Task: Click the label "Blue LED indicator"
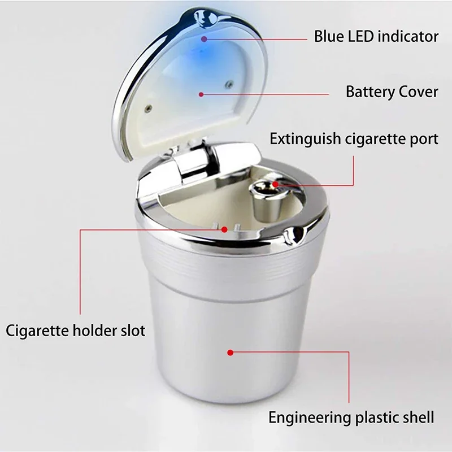tap(376, 37)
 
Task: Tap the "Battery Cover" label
tap(392, 92)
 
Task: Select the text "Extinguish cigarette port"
tap(354, 139)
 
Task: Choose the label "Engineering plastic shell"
tap(351, 418)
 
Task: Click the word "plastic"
tap(372, 418)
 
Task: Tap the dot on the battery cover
tap(202, 94)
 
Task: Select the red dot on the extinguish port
tap(275, 184)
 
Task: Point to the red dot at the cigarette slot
tap(225, 229)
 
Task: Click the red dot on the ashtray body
tap(231, 353)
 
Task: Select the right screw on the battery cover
tap(228, 85)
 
